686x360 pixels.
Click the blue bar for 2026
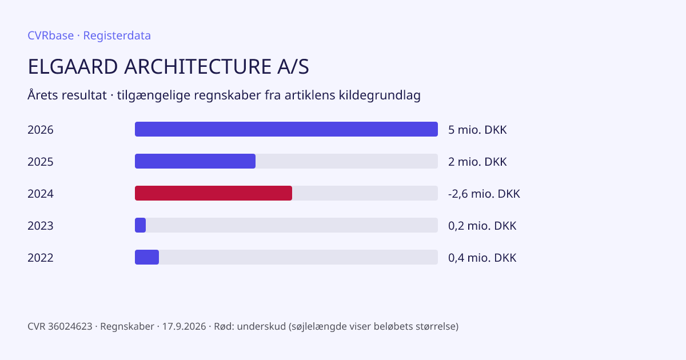coord(286,129)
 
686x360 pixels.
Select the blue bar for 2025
coord(195,161)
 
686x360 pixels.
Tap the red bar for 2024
coord(213,193)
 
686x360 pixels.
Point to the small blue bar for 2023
coord(140,225)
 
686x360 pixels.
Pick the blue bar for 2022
coord(147,257)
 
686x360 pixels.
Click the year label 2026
coord(41,130)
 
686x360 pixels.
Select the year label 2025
coord(41,162)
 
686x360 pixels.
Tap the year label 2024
coord(41,194)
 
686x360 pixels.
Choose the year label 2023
coord(41,226)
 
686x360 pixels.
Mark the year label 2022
coord(41,258)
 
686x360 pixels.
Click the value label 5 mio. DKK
coord(477,130)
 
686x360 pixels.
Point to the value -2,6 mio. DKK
coord(484,194)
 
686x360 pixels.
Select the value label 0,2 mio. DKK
coord(482,226)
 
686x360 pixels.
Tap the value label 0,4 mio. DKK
coord(482,258)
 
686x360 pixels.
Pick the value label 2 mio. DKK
coord(477,162)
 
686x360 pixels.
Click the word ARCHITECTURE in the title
coord(198,66)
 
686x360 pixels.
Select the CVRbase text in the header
coord(50,35)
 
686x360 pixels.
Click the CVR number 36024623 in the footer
coord(70,326)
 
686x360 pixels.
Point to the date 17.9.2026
coord(184,326)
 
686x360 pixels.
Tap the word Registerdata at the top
coord(117,35)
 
